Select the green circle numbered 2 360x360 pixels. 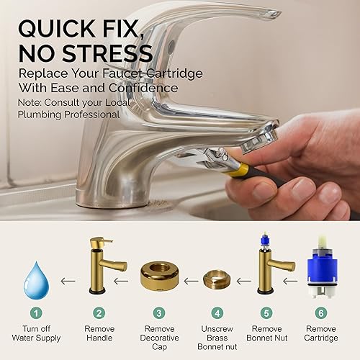(x=99, y=314)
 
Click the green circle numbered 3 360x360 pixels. (x=160, y=314)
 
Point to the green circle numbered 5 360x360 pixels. (x=266, y=314)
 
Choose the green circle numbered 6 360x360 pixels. (x=320, y=314)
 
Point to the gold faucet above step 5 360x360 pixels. (x=273, y=266)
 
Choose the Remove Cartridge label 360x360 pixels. (x=320, y=334)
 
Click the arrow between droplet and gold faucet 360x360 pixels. (x=68, y=275)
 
